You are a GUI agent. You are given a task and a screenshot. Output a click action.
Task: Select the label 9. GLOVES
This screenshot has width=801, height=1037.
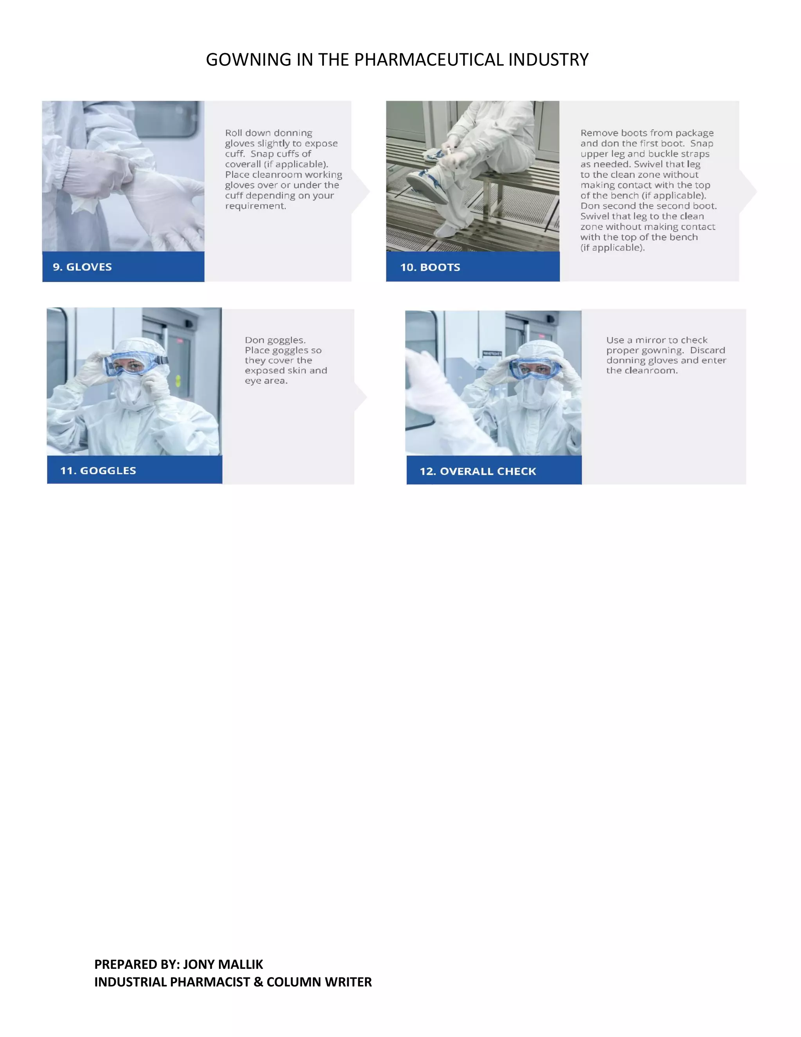click(x=82, y=267)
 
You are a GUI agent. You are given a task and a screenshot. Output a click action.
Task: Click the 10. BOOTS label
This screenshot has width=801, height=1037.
click(x=430, y=267)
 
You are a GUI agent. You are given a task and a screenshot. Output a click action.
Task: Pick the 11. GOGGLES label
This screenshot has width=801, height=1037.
click(x=98, y=470)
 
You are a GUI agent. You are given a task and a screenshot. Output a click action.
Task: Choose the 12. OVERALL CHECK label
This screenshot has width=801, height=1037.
click(x=478, y=471)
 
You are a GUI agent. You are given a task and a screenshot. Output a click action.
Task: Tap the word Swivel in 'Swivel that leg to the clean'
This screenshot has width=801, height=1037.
click(x=594, y=216)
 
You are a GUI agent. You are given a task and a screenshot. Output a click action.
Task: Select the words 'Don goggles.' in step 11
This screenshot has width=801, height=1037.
click(x=275, y=340)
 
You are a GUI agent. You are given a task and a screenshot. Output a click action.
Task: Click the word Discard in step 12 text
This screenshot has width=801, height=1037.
click(x=707, y=350)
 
